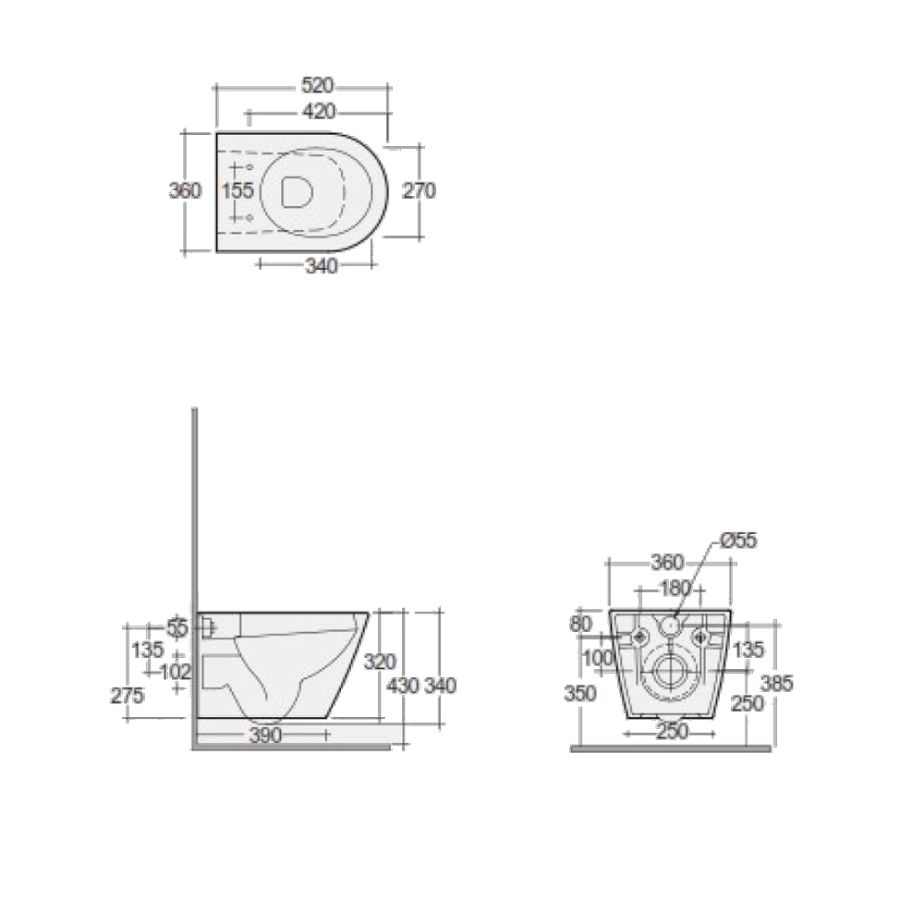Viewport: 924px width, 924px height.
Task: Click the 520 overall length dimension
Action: click(x=317, y=86)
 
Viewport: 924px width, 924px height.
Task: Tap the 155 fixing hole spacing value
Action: click(x=238, y=190)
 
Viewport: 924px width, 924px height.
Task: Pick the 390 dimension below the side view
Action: click(x=264, y=736)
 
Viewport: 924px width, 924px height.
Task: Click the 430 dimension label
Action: click(x=403, y=686)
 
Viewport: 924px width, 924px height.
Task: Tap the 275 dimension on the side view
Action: click(x=127, y=696)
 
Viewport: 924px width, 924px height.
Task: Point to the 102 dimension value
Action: click(x=176, y=671)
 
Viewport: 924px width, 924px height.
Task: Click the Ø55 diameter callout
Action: click(x=738, y=541)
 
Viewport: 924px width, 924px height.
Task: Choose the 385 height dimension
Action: click(x=777, y=683)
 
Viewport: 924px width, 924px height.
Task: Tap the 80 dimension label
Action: click(x=580, y=624)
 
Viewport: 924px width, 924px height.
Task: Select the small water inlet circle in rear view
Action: click(x=670, y=626)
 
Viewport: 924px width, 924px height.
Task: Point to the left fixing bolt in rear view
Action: click(x=638, y=636)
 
